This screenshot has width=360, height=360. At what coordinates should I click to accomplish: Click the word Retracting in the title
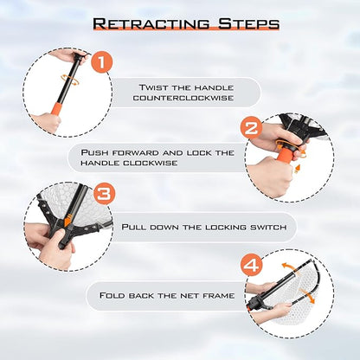[x=151, y=23]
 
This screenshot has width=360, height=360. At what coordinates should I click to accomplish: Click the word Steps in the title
[x=248, y=23]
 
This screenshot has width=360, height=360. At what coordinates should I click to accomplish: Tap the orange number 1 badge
[x=101, y=63]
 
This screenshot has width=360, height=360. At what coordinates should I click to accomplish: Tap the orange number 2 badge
[x=252, y=127]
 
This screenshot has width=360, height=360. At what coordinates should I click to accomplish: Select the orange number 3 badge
[x=104, y=194]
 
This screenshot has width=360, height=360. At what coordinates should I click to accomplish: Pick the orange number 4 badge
[x=252, y=265]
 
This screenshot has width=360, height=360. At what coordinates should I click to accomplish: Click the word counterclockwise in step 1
[x=183, y=98]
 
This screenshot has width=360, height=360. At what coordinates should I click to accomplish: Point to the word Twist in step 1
[x=153, y=87]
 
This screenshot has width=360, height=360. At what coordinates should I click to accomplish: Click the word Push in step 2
[x=94, y=152]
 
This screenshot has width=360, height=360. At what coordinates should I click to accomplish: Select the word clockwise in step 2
[x=151, y=163]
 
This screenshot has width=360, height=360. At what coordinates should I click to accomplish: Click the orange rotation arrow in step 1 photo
[x=70, y=79]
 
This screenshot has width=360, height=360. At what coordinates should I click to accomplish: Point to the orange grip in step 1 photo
[x=56, y=107]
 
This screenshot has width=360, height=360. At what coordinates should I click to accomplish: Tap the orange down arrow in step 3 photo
[x=67, y=220]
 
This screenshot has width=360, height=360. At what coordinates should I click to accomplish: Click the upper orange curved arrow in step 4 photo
[x=289, y=267]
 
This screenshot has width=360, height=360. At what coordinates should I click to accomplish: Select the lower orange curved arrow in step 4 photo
[x=307, y=296]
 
